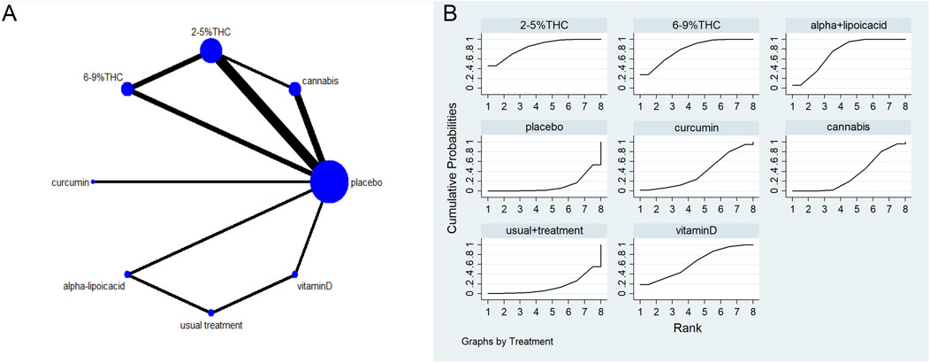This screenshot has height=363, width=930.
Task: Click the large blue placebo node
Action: click(x=329, y=181)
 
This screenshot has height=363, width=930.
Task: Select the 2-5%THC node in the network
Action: click(x=211, y=51)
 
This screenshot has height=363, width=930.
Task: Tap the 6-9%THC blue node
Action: click(x=127, y=89)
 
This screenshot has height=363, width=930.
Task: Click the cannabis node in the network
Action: click(x=295, y=88)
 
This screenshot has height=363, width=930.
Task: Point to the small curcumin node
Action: click(x=94, y=181)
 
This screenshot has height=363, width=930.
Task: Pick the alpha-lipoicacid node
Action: click(x=127, y=274)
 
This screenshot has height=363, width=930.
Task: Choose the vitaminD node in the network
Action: click(x=295, y=274)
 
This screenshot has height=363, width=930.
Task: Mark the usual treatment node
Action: click(x=210, y=312)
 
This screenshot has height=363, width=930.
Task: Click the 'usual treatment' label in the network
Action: click(x=210, y=326)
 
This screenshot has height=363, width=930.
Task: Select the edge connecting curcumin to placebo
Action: click(x=203, y=181)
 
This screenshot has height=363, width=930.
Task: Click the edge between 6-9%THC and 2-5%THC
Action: click(x=169, y=70)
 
